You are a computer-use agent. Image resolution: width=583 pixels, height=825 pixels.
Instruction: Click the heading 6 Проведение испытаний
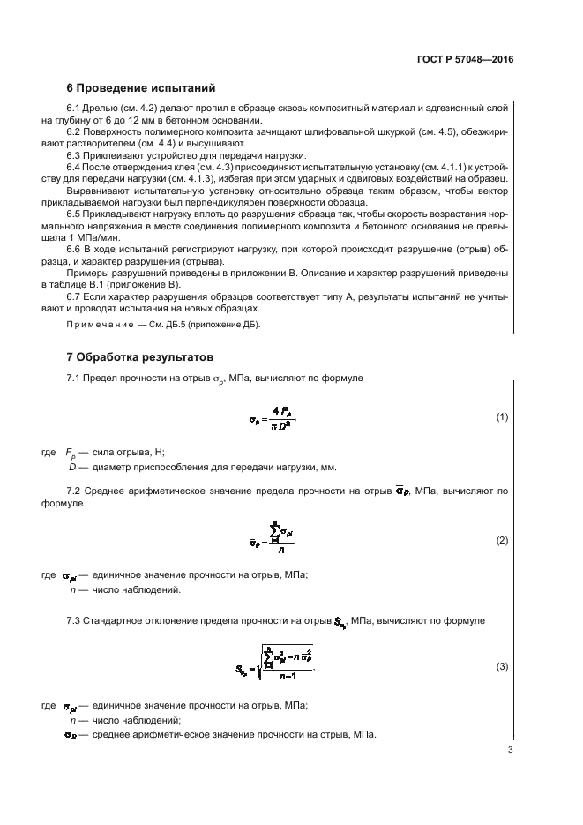point(141,88)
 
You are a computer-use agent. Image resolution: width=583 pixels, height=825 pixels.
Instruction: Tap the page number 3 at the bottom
point(510,750)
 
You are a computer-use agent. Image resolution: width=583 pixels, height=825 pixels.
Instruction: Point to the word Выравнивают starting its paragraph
point(98,190)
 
